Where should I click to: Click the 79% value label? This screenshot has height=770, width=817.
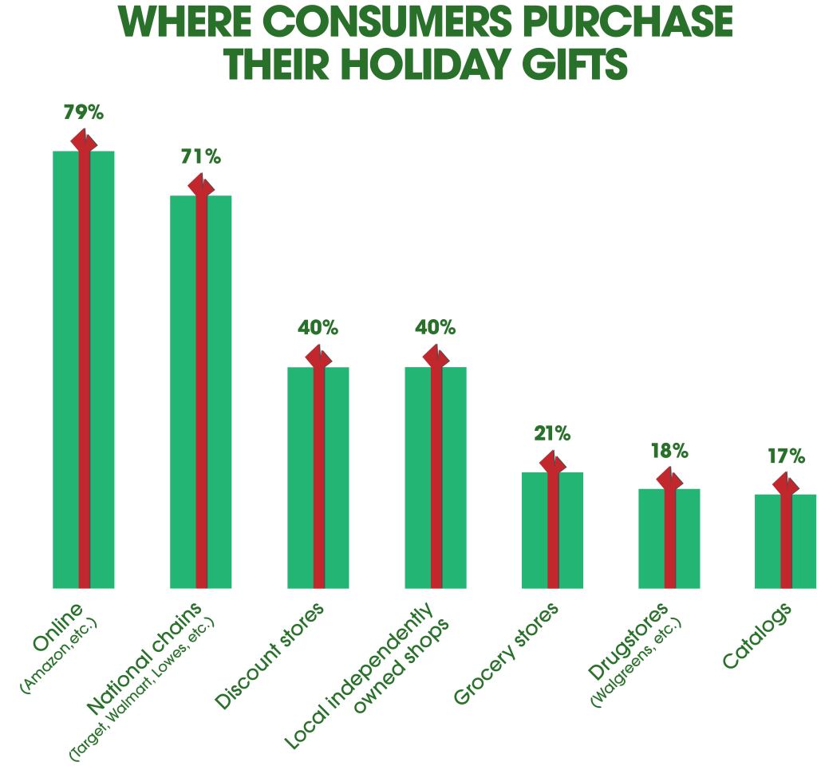[84, 112]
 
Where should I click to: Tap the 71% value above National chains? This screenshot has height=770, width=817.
[200, 156]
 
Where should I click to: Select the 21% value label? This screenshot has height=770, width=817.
[552, 434]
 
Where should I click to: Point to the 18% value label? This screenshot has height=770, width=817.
[669, 451]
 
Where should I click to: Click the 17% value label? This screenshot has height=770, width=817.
[786, 456]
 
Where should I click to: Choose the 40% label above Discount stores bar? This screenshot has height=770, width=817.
[318, 328]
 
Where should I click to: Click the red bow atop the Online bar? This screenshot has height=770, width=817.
[84, 140]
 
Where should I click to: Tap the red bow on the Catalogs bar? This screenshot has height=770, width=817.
[786, 484]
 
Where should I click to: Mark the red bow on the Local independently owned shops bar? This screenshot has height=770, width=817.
[436, 357]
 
